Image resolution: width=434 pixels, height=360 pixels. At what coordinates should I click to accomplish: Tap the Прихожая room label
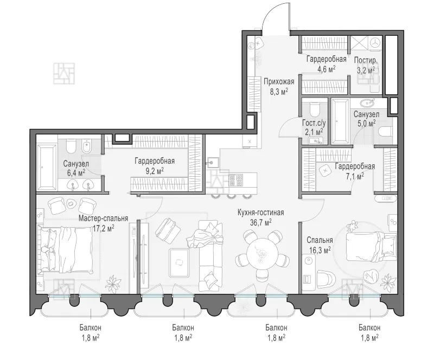[x=279, y=81]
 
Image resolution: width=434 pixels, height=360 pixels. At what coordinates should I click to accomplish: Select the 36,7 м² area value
[x=261, y=222]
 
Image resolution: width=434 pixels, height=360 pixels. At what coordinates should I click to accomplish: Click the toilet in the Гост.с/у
[x=315, y=109]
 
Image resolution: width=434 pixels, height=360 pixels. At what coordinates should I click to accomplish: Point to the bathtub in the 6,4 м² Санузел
[x=47, y=167]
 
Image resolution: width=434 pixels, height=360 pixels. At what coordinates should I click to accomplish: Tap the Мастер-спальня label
[x=103, y=218]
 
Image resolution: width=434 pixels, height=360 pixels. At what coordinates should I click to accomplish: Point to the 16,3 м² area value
[x=320, y=250]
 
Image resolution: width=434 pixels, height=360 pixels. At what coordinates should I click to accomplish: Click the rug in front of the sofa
[x=180, y=262]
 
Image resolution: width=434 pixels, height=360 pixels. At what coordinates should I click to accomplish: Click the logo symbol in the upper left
[x=64, y=73]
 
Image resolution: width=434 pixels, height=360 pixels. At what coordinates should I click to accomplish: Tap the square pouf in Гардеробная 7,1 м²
[x=325, y=171]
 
